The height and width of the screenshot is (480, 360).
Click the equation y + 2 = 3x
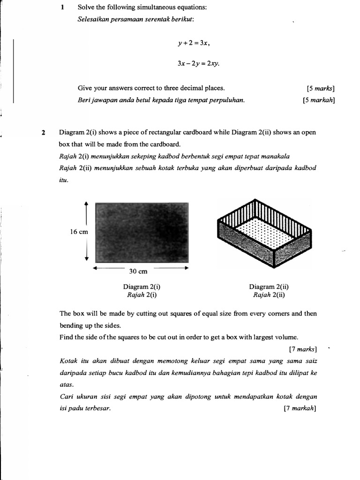click(x=194, y=43)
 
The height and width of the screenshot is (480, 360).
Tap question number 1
click(x=62, y=7)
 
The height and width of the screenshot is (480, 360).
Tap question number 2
click(x=44, y=133)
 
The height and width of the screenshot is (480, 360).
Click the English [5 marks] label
click(x=321, y=88)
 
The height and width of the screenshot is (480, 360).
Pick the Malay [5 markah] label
click(x=319, y=99)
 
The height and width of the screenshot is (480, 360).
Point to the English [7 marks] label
click(x=303, y=349)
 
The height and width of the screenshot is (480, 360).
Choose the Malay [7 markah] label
click(x=300, y=408)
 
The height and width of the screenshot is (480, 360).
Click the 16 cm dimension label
click(x=79, y=232)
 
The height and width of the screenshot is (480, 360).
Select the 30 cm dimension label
click(x=138, y=271)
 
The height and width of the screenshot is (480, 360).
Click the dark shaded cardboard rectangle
click(x=142, y=232)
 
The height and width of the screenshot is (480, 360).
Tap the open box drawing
click(x=264, y=237)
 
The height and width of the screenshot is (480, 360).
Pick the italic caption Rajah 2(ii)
click(x=269, y=295)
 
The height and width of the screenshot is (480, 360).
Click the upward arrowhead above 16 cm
click(x=86, y=203)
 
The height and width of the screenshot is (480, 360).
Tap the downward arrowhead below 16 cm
click(x=86, y=260)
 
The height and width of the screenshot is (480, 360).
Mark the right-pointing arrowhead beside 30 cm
click(x=186, y=268)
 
